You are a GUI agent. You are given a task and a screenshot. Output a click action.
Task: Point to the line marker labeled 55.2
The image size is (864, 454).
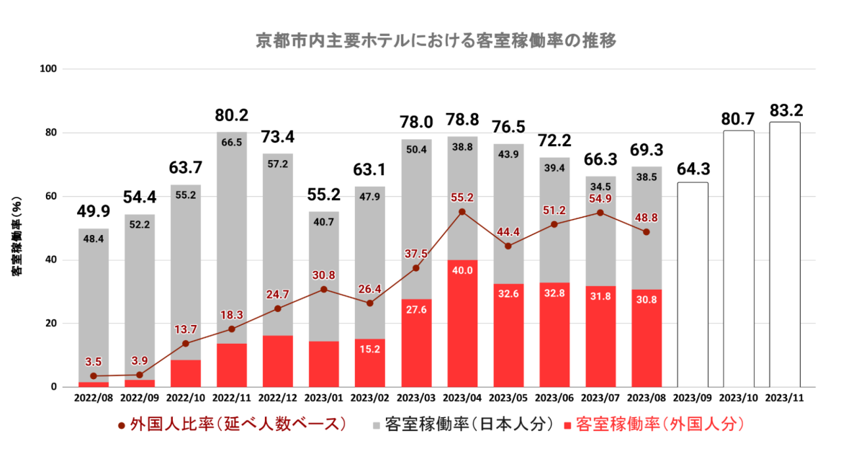pyautogui.click(x=462, y=212)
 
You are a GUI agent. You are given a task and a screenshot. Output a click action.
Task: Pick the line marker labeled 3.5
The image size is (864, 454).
pyautogui.click(x=94, y=376)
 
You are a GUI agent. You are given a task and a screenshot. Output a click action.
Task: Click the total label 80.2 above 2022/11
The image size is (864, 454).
pyautogui.click(x=232, y=115)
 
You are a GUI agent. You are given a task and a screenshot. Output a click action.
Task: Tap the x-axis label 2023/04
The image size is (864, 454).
pyautogui.click(x=462, y=397)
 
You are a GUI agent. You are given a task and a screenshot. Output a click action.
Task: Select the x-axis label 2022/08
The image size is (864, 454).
pyautogui.click(x=94, y=397)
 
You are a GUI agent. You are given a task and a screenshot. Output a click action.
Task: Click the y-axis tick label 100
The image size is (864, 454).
pyautogui.click(x=50, y=69)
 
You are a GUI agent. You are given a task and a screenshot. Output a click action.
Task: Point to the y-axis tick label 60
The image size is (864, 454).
pyautogui.click(x=52, y=196)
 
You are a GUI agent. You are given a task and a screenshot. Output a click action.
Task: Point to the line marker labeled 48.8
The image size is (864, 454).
pyautogui.click(x=647, y=232)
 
